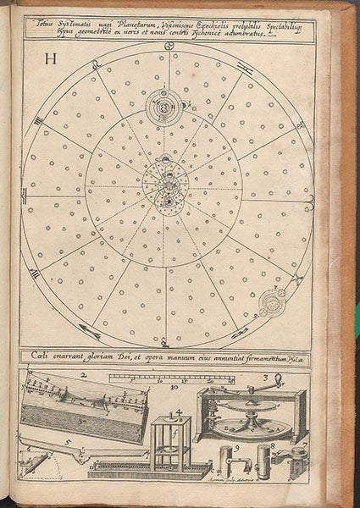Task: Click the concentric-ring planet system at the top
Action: coord(163,105)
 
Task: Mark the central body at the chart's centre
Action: coord(169,188)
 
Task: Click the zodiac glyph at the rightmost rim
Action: coord(312,199)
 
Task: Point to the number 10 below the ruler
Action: coord(174,388)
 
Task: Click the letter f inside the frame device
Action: coord(176,439)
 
